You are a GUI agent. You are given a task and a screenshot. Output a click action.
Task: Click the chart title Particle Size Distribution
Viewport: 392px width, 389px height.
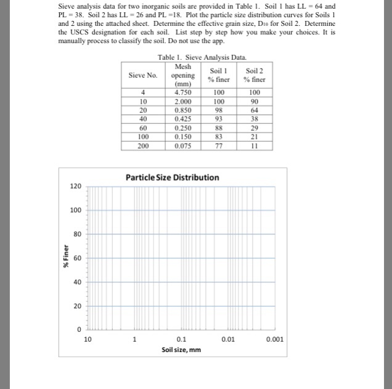[172, 178]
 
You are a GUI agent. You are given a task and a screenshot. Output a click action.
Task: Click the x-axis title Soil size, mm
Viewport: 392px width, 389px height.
[181, 350]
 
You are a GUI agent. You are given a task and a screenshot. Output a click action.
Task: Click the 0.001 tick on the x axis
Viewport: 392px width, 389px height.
[275, 339]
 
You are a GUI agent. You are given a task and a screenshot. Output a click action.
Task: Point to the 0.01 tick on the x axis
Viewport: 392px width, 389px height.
[228, 339]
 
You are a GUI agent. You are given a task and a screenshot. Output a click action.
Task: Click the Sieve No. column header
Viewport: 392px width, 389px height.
[143, 75]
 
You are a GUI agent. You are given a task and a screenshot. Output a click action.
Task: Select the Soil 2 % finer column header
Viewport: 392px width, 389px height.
[254, 75]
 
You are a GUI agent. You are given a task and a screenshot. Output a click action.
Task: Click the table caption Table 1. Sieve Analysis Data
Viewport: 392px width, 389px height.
[197, 57]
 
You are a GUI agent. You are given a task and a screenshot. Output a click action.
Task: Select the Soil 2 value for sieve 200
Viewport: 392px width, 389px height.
[254, 145]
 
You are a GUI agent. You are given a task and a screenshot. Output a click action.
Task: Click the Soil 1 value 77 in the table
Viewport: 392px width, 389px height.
[219, 145]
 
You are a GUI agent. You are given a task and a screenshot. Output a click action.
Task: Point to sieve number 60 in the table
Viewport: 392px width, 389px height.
[143, 128]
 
